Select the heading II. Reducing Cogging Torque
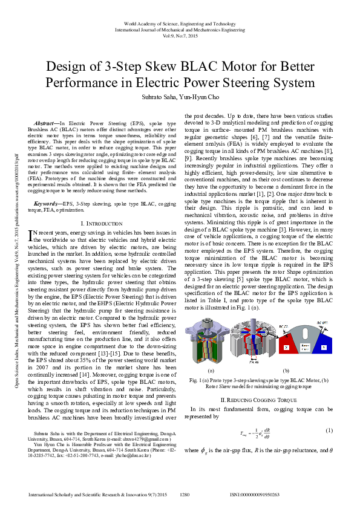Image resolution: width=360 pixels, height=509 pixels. (x=258, y=383)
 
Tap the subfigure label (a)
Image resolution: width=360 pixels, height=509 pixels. (x=212, y=370)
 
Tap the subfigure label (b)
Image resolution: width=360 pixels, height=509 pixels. (x=286, y=370)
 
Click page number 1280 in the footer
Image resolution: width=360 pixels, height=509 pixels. (x=185, y=494)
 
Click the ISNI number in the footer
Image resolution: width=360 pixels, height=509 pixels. (x=255, y=494)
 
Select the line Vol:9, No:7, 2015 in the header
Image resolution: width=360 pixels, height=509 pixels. (x=180, y=36)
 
